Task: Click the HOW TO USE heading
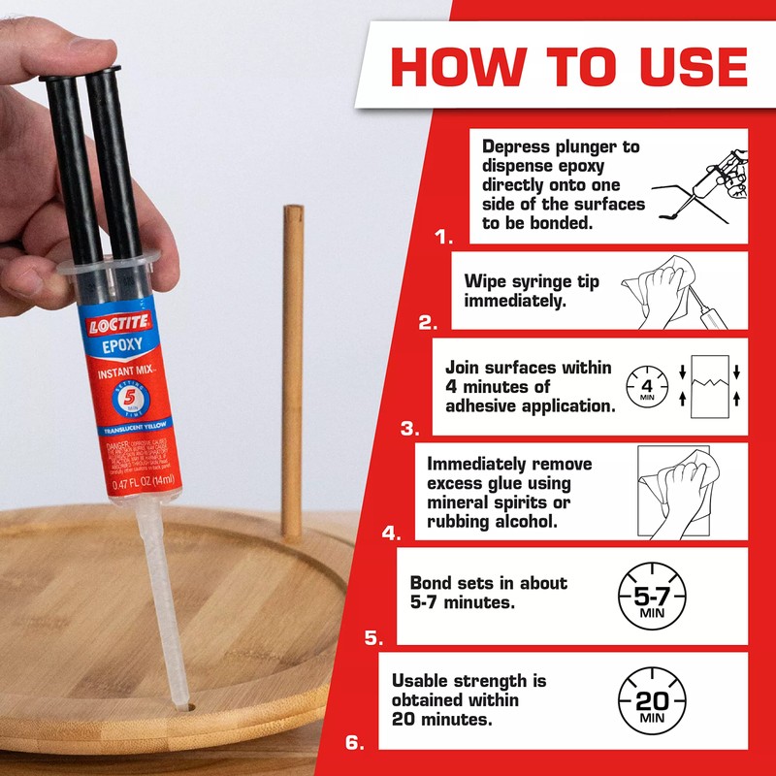(x=568, y=65)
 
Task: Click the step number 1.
(x=443, y=236)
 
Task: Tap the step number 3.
(x=409, y=428)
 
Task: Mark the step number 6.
(x=355, y=744)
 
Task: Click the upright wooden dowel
(x=292, y=369)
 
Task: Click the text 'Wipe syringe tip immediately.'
(x=531, y=291)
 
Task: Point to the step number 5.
(x=373, y=637)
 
